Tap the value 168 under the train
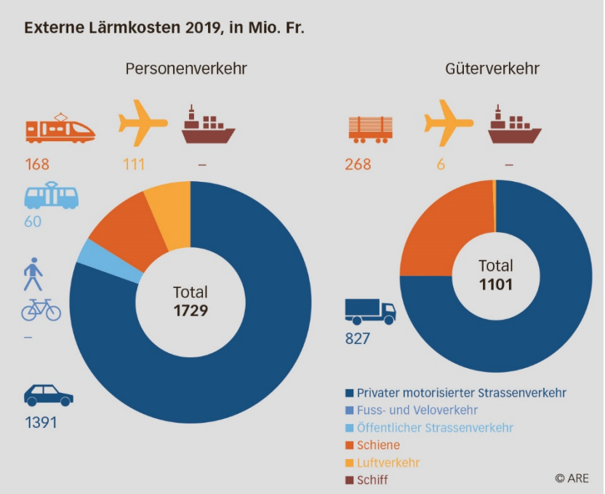38,164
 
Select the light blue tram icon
51,196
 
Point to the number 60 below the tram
33,221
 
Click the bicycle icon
41,310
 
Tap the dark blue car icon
48,396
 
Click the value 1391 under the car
41,423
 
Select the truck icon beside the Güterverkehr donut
370,312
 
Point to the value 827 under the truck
358,338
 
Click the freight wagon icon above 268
371,127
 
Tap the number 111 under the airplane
132,164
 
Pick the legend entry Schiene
377,445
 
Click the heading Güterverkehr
492,69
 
